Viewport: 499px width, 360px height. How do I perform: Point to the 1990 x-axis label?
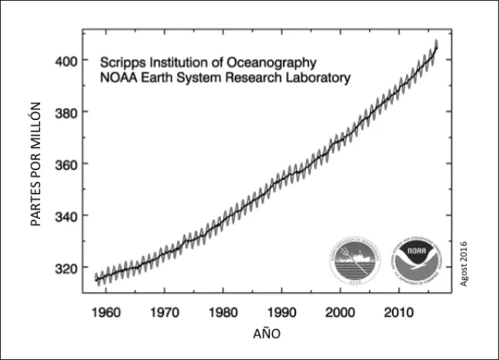point(281,313)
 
